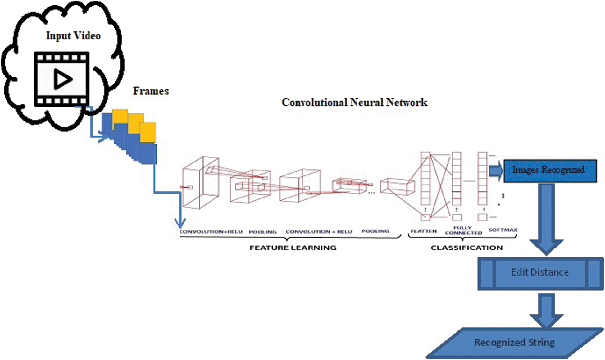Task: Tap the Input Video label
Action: click(x=73, y=36)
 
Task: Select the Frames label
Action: click(x=151, y=91)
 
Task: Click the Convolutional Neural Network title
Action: click(x=354, y=103)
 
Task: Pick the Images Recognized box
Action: click(x=550, y=171)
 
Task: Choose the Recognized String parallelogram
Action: click(x=515, y=343)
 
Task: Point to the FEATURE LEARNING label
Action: click(x=293, y=248)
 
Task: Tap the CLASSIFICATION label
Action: click(x=466, y=248)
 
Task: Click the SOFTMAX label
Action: click(x=503, y=230)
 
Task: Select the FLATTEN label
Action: click(x=423, y=231)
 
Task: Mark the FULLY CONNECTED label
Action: click(x=463, y=230)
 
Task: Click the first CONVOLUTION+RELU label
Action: click(x=211, y=232)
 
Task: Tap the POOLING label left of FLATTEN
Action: click(x=375, y=231)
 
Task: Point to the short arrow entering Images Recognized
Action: click(x=496, y=171)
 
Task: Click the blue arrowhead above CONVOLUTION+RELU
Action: click(x=180, y=223)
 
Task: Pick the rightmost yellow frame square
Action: click(x=148, y=132)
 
